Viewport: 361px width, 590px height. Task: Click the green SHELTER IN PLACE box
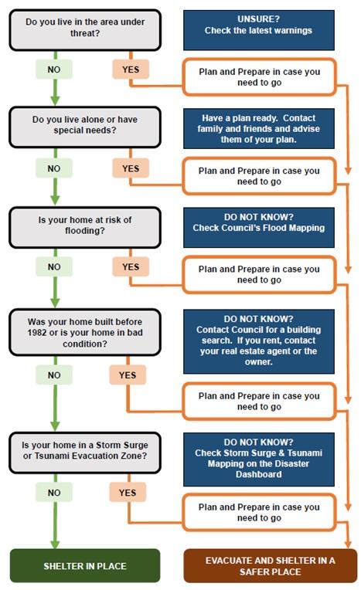(85, 565)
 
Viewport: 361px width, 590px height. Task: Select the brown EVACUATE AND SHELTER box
(270, 565)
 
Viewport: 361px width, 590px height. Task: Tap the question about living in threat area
(85, 30)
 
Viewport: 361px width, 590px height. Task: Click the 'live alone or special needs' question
(85, 127)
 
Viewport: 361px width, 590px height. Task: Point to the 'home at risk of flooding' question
(85, 228)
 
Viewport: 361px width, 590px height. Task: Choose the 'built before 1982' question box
(85, 332)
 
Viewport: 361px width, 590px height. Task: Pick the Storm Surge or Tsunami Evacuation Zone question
(85, 453)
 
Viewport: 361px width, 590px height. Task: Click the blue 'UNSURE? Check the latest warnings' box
(259, 30)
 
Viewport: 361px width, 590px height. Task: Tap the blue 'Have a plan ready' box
(259, 128)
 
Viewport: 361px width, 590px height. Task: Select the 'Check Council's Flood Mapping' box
(259, 227)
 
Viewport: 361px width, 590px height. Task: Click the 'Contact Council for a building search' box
(259, 341)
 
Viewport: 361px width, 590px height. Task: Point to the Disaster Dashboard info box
(259, 459)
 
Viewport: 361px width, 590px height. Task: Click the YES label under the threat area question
(131, 70)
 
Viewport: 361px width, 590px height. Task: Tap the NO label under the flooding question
(54, 266)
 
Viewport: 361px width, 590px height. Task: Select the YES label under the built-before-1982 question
(128, 375)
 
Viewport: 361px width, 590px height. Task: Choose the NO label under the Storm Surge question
(54, 493)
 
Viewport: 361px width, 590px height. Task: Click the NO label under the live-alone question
(54, 168)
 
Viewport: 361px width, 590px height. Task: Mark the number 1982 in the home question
(37, 333)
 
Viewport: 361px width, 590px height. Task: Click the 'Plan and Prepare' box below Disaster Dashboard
(259, 513)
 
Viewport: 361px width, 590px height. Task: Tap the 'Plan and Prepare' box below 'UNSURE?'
(259, 76)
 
